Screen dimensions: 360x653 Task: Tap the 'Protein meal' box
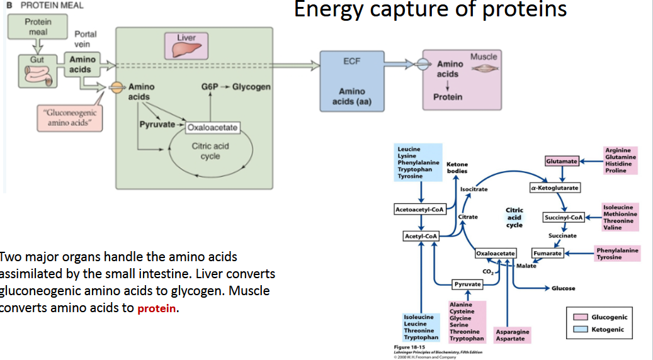pos(38,26)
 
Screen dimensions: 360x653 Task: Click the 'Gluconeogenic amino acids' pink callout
pos(69,117)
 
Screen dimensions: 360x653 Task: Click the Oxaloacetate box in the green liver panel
pos(212,128)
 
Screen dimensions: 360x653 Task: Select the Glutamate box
pos(562,162)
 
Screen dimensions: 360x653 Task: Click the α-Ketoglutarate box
pos(555,188)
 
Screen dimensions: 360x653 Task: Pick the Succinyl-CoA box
pos(564,218)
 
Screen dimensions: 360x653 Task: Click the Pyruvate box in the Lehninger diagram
pos(467,284)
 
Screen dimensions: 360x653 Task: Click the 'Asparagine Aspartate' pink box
pos(512,335)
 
